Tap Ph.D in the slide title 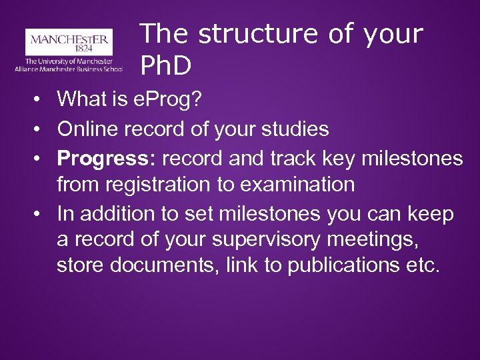click(166, 65)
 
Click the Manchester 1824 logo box click(69, 41)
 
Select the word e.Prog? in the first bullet click(170, 100)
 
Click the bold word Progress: click(107, 157)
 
